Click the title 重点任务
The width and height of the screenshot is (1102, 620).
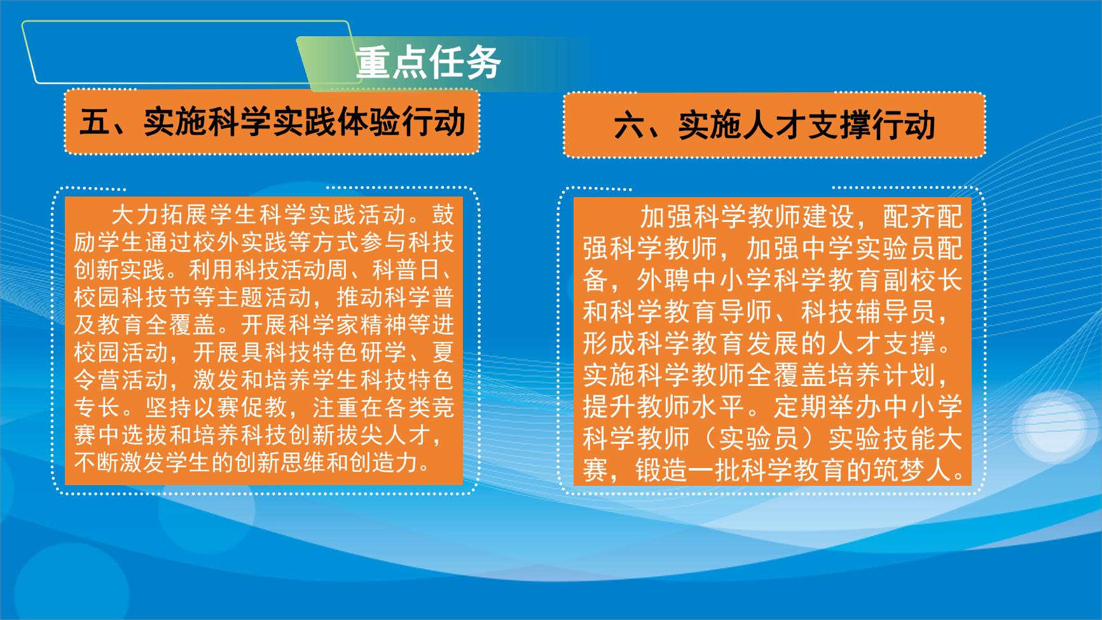(429, 63)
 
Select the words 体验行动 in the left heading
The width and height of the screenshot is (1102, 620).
(403, 122)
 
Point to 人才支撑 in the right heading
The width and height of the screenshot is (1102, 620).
(807, 125)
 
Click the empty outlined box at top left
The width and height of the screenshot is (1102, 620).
(184, 52)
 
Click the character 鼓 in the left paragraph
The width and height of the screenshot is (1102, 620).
(443, 215)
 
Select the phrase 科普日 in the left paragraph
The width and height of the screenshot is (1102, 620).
(406, 270)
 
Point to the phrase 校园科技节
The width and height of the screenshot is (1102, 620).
(132, 298)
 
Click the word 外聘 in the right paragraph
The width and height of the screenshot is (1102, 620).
(664, 280)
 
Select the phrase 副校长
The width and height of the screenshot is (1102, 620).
(922, 280)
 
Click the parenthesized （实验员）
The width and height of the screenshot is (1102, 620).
(759, 439)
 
